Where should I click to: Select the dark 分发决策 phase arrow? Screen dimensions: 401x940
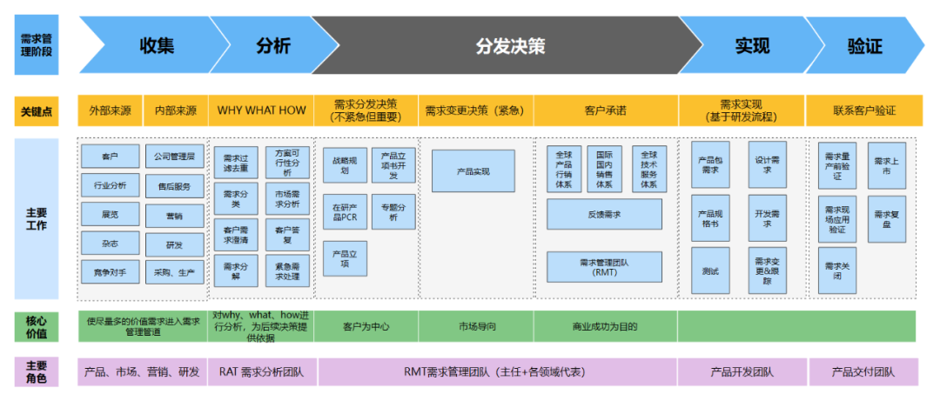tap(510, 45)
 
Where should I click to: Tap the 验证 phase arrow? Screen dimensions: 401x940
tap(863, 45)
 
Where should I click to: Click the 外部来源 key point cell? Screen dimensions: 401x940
tap(110, 110)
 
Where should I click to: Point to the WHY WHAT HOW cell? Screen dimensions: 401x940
tap(261, 110)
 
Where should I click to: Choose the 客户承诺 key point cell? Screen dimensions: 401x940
tap(606, 110)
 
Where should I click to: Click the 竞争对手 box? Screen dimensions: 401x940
tap(110, 271)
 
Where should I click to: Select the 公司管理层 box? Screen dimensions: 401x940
tap(174, 157)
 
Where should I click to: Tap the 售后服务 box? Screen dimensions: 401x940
tap(174, 185)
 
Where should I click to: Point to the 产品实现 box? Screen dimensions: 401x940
tap(473, 171)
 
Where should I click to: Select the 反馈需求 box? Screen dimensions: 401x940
tap(604, 214)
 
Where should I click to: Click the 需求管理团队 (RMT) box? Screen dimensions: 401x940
tap(604, 266)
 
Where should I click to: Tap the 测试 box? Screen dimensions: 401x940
tap(710, 271)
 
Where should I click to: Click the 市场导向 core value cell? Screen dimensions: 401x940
tap(477, 327)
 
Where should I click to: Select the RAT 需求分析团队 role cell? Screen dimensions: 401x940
tap(261, 372)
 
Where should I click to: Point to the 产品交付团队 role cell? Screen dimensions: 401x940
tap(863, 372)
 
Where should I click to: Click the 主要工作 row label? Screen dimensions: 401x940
tap(37, 218)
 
